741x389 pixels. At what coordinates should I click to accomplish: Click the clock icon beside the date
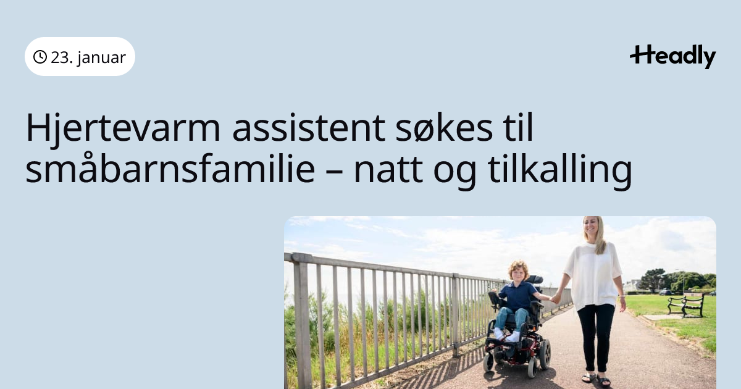(x=40, y=57)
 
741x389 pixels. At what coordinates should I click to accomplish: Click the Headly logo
(x=673, y=57)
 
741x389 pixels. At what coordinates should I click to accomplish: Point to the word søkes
(x=444, y=128)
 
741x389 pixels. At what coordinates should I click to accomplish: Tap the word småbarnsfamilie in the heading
(x=170, y=168)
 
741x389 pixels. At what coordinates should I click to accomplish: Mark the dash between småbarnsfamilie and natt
(x=334, y=172)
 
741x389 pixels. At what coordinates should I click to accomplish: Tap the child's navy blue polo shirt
(x=517, y=296)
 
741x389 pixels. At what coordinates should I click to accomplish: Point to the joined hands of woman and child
(x=555, y=299)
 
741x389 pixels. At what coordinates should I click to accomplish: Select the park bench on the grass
(x=685, y=304)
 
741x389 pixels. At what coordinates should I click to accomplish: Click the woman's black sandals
(x=597, y=379)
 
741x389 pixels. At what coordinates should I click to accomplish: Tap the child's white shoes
(x=506, y=335)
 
